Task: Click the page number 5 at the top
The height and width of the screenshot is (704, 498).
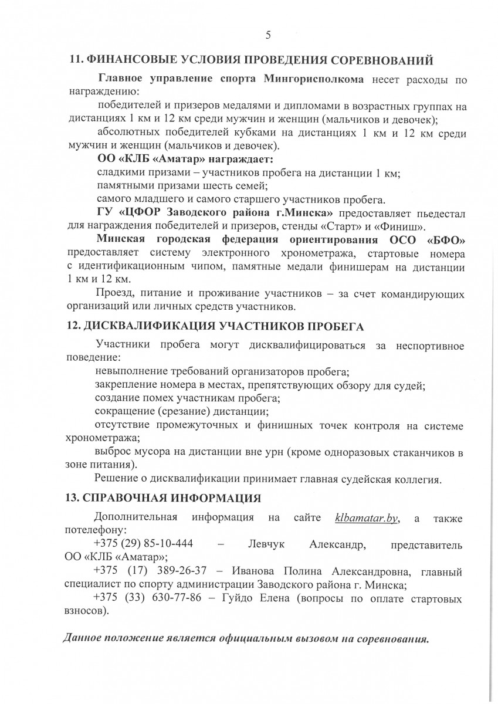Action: click(268, 35)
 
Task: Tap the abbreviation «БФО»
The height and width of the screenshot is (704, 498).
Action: click(446, 240)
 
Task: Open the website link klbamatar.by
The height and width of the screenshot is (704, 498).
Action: click(367, 517)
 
